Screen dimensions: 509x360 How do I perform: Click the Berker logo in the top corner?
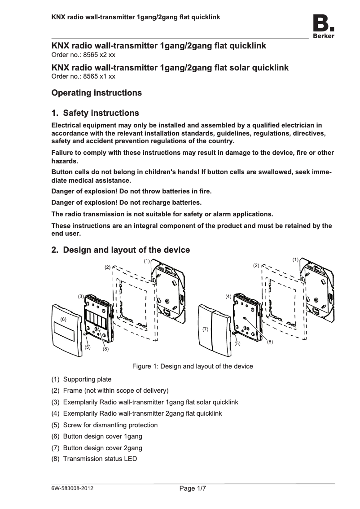coord(323,26)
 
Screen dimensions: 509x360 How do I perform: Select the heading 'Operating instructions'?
coord(97,93)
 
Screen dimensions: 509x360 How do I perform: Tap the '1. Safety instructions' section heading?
coord(95,113)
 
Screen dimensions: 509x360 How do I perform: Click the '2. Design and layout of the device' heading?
coord(121,250)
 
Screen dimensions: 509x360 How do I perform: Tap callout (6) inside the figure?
coord(63,319)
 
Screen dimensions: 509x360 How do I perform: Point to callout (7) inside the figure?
coord(205,329)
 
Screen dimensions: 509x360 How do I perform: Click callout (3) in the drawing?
coord(81,297)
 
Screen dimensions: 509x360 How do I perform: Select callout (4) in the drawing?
coord(228,297)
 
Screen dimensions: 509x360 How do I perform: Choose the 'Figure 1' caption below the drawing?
coord(192,366)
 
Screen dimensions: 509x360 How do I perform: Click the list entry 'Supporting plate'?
coord(87,379)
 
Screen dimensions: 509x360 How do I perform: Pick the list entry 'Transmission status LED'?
coord(100,459)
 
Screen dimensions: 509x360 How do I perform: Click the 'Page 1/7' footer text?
coord(193,488)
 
